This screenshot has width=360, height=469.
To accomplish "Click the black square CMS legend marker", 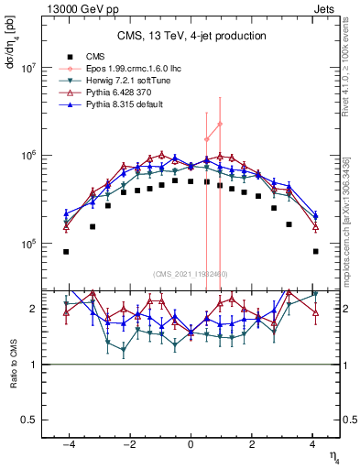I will pyautogui.click(x=68, y=55).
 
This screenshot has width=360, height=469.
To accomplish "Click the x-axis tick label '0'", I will pyautogui.click(x=191, y=445).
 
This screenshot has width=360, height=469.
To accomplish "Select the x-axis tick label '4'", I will pyautogui.click(x=314, y=445).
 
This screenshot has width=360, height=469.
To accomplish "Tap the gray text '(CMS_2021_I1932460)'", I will pyautogui.click(x=191, y=273).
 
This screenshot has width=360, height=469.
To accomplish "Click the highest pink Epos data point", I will pyautogui.click(x=220, y=124).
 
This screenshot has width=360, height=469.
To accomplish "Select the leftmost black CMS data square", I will pyautogui.click(x=66, y=251).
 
